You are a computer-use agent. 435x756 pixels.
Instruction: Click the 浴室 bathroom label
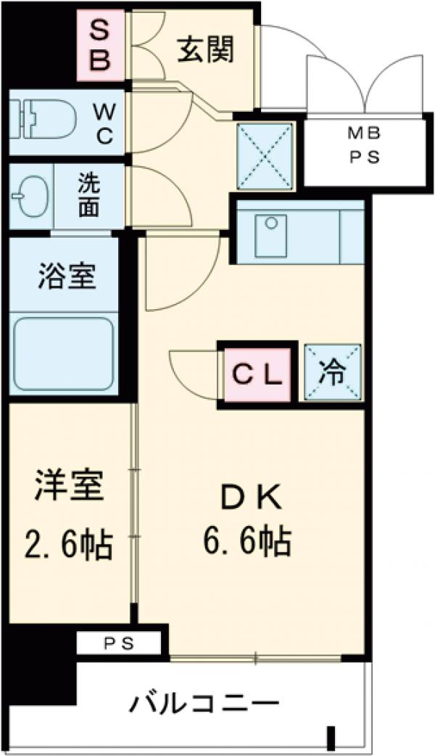(x=66, y=277)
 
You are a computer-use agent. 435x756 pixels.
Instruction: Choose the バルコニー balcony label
(x=205, y=703)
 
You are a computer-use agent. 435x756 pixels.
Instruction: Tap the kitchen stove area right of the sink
(x=351, y=237)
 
